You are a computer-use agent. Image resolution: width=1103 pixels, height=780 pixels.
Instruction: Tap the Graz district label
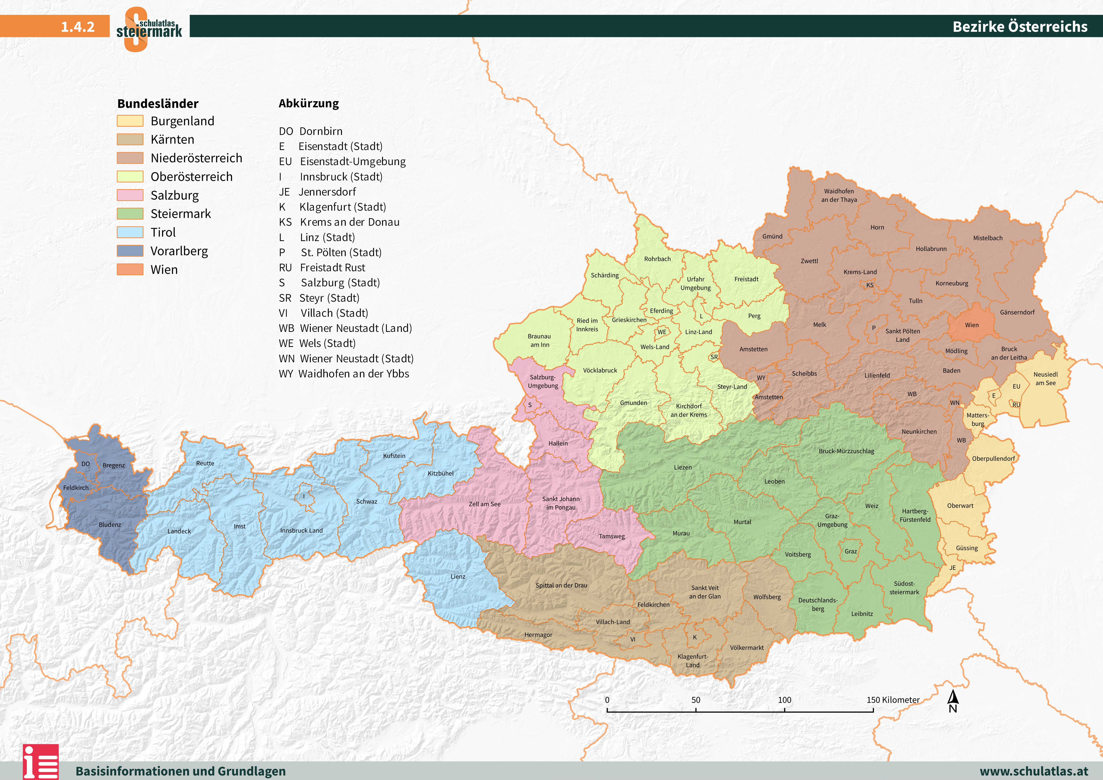click(850, 551)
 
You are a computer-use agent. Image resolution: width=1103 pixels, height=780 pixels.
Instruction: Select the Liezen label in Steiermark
click(683, 467)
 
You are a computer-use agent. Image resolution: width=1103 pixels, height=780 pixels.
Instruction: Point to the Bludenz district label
click(110, 525)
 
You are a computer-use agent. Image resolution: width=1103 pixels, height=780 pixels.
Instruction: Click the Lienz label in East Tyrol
click(458, 576)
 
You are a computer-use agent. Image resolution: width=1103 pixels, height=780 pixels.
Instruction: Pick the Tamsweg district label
click(612, 536)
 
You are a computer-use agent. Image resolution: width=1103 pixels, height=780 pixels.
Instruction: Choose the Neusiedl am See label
click(1045, 379)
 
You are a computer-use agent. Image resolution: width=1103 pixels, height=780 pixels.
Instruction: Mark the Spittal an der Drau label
click(561, 585)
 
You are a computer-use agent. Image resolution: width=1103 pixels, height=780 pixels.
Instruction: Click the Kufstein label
click(394, 456)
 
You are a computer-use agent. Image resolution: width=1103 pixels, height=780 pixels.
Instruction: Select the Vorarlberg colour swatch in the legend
click(130, 251)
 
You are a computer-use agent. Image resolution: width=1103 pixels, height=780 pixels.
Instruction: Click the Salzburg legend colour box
click(130, 195)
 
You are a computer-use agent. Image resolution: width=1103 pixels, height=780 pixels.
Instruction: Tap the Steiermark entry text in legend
click(181, 214)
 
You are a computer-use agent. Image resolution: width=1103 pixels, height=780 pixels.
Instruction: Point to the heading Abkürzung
click(308, 103)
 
